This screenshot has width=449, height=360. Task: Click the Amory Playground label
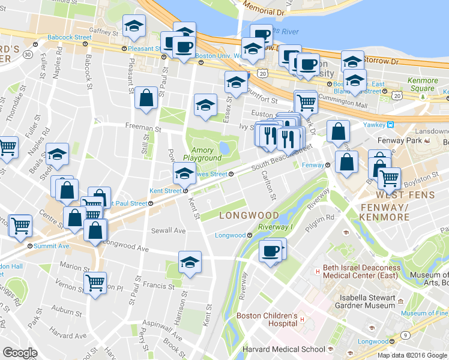coord(202,154)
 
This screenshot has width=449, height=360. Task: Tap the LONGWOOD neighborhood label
coord(249,215)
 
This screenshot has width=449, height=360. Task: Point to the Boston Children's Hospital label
coord(267,320)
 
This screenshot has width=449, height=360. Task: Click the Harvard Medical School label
coord(283,349)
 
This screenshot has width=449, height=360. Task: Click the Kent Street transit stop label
coord(165,191)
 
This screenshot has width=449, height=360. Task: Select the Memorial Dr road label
coord(262,10)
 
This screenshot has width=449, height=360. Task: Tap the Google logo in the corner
coord(20,353)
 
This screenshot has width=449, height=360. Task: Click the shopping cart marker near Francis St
coord(95,281)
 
